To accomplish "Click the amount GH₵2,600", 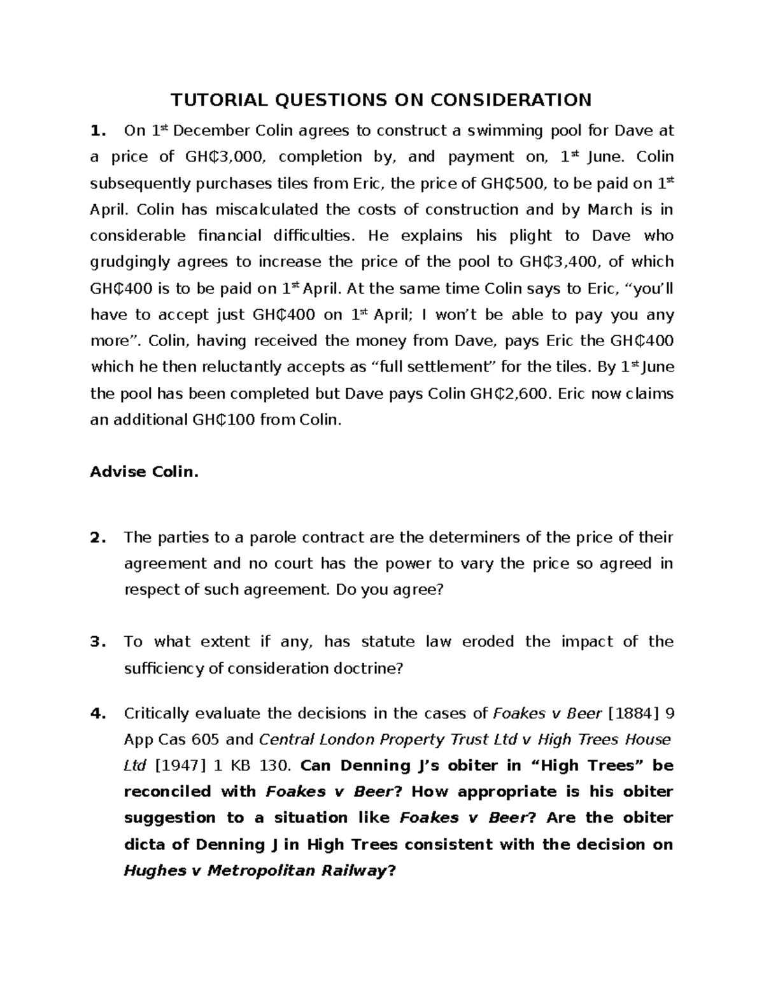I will [x=509, y=394].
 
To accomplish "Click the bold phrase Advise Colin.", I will [x=145, y=472].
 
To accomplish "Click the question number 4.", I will [x=97, y=714].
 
